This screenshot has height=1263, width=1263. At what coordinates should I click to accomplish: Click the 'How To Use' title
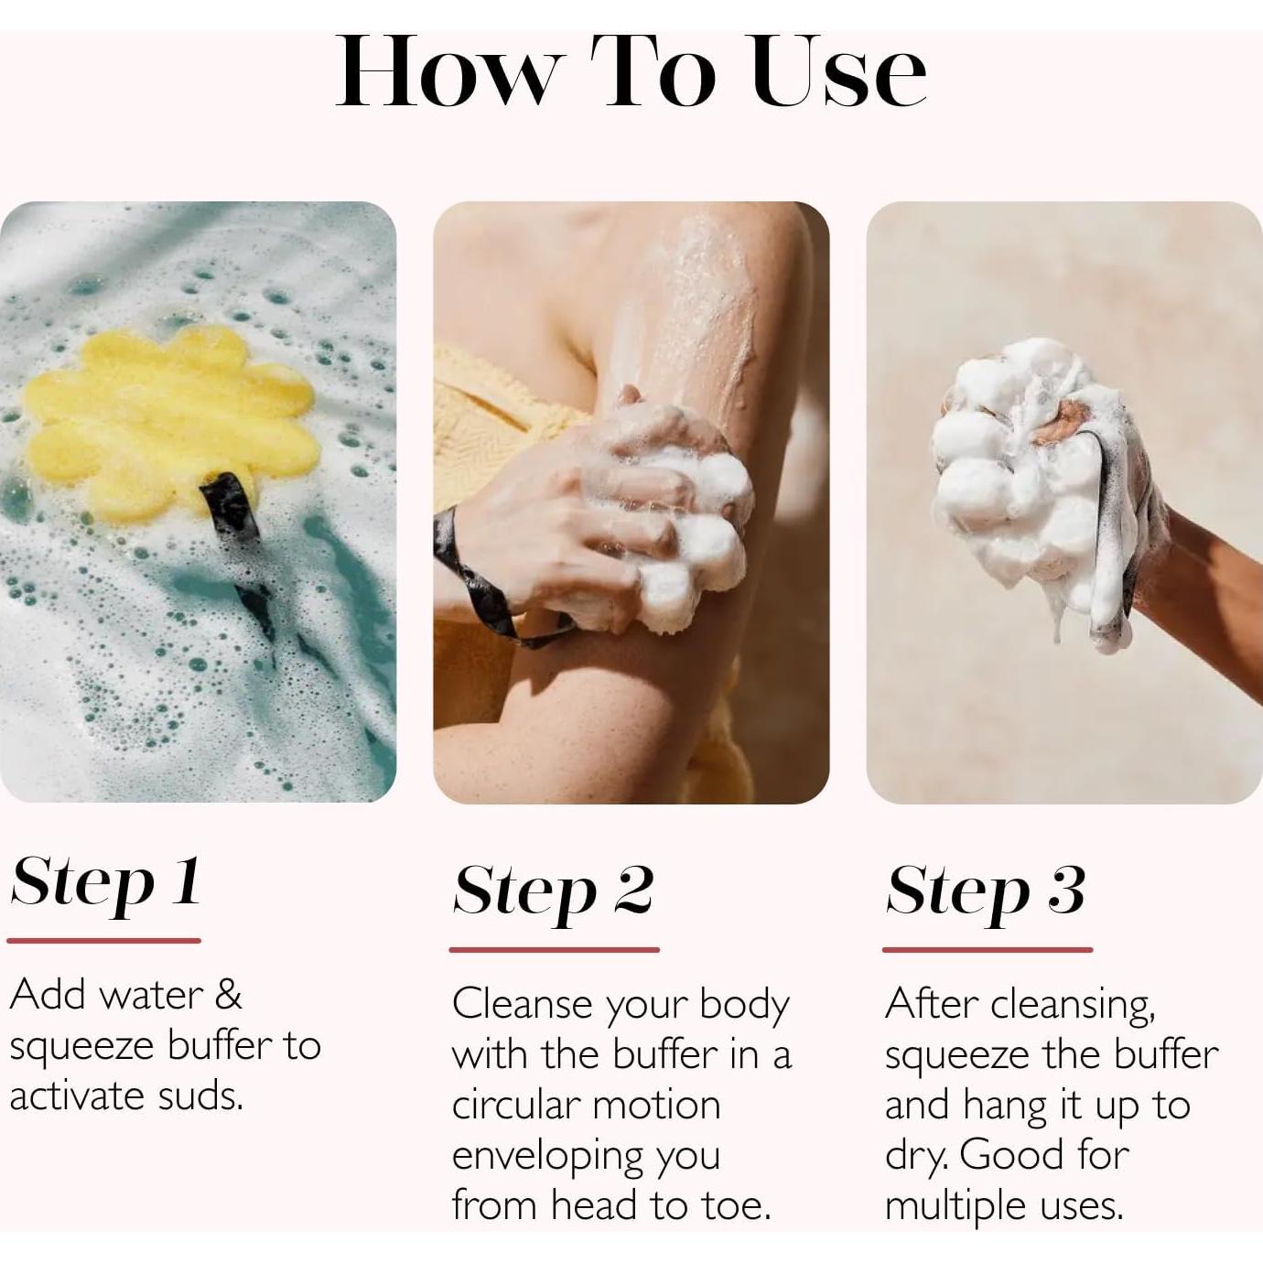tap(631, 73)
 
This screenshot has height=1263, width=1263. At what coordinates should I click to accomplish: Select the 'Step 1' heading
tap(105, 883)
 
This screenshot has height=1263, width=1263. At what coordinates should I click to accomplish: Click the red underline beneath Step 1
tap(103, 940)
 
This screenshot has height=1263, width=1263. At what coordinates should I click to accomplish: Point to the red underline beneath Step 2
tap(554, 950)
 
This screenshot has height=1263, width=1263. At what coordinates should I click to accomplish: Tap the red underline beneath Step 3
tap(987, 950)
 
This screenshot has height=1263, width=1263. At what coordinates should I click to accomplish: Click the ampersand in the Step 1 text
tap(228, 995)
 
